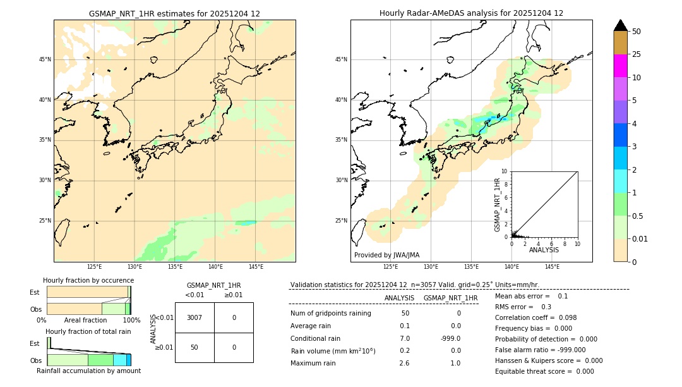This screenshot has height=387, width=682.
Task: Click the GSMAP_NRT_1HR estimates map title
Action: tap(174, 13)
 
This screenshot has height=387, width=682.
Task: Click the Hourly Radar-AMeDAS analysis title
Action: tap(471, 13)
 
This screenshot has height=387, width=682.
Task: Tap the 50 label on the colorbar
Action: tap(637, 32)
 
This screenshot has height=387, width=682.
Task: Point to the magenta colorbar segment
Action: tap(620, 66)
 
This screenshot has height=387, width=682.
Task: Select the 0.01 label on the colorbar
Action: tap(640, 238)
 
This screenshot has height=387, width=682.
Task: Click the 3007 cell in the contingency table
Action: tap(194, 317)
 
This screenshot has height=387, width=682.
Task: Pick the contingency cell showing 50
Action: tap(194, 347)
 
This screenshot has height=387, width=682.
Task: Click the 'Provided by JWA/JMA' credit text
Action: tap(386, 255)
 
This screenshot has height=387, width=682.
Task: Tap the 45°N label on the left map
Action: tap(45, 59)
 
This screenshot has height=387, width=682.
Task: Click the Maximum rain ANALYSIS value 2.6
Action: tap(404, 363)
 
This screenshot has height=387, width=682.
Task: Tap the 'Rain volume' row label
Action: tap(333, 351)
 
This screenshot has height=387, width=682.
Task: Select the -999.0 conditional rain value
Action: tap(450, 338)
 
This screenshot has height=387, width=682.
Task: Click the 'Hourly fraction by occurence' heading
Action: tap(88, 280)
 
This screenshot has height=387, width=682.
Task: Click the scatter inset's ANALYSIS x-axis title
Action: tap(544, 250)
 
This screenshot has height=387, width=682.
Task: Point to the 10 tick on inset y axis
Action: tap(505, 171)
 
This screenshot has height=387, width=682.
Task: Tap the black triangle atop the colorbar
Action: tap(620, 25)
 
